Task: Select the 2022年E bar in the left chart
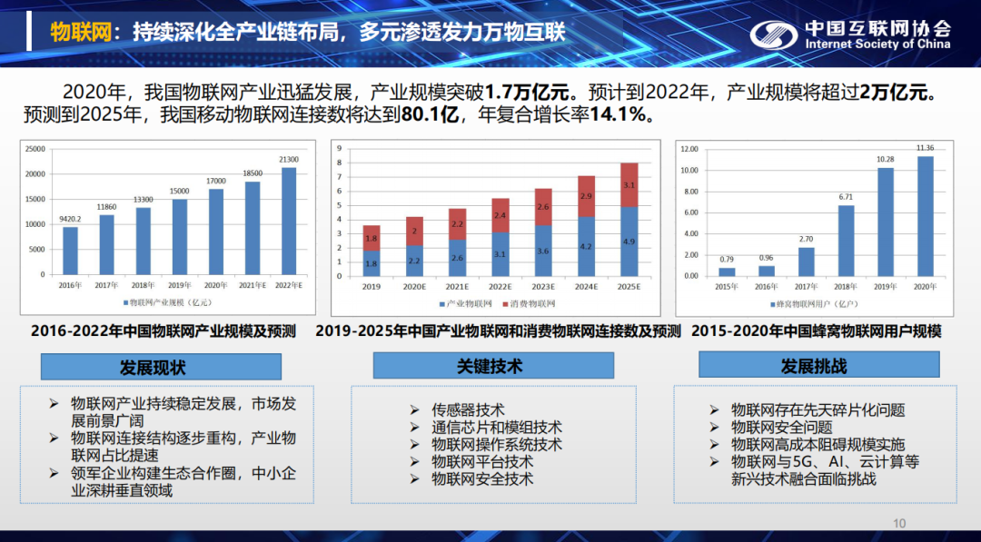289,221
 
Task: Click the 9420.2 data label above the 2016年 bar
69,219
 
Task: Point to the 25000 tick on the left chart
35,149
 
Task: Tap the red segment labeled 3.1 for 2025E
629,184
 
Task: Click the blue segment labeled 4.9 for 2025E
629,242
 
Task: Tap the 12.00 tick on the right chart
689,149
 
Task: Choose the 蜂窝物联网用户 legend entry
813,303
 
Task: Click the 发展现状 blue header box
153,367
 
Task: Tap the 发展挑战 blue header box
814,365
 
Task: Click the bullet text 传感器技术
468,410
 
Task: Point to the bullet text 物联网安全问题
781,428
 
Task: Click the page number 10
899,523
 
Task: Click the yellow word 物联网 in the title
80,33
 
